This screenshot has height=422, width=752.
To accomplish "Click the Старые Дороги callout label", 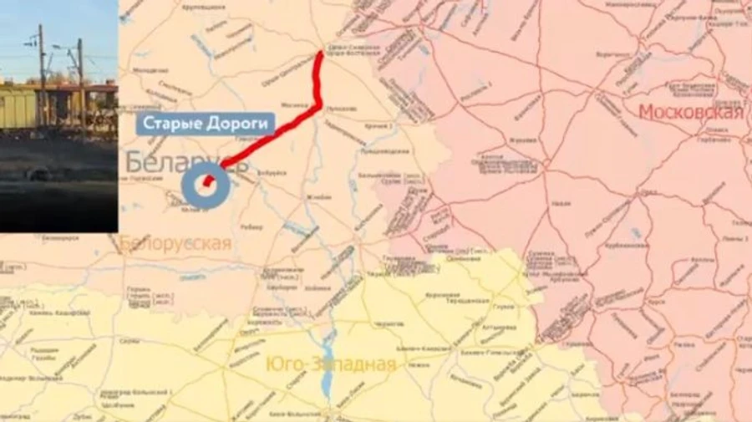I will pos(206,125).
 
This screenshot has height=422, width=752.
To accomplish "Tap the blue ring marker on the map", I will pos(206,185).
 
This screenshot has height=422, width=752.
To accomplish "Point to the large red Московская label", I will pos(690,113).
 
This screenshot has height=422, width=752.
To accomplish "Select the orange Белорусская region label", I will pos(175,243).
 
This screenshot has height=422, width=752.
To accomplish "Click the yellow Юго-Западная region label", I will pos(330,364).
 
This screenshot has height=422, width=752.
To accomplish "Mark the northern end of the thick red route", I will pos(320,54).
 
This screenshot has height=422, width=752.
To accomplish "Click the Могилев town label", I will pos(294,106).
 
